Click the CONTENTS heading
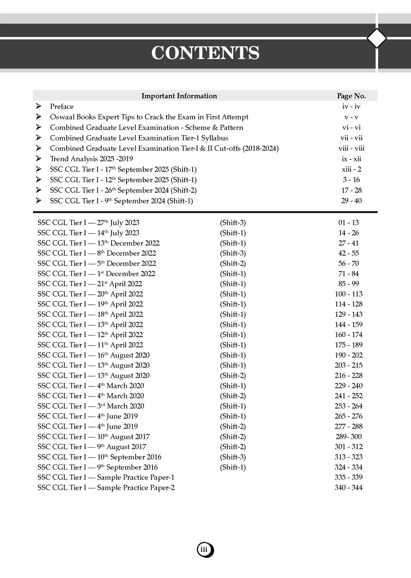pyautogui.click(x=205, y=53)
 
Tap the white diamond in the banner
pyautogui.click(x=377, y=39)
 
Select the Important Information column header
pyautogui.click(x=179, y=96)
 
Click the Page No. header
pyautogui.click(x=351, y=96)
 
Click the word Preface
pyautogui.click(x=62, y=106)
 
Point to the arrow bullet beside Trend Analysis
pyautogui.click(x=39, y=159)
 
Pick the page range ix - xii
pyautogui.click(x=351, y=159)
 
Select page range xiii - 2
pyautogui.click(x=351, y=169)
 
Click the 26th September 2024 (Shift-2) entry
pyautogui.click(x=123, y=190)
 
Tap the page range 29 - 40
pyautogui.click(x=351, y=201)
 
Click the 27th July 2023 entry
pyautogui.click(x=88, y=222)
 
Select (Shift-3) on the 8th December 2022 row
pyautogui.click(x=233, y=253)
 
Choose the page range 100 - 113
pyautogui.click(x=348, y=294)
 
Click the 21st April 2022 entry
pyautogui.click(x=90, y=284)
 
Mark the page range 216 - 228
pyautogui.click(x=348, y=375)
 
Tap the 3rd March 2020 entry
pyautogui.click(x=91, y=406)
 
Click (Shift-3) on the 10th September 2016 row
pyautogui.click(x=233, y=457)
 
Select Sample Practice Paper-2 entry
pyautogui.click(x=106, y=488)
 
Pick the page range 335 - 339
pyautogui.click(x=348, y=477)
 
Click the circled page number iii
pyautogui.click(x=205, y=550)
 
